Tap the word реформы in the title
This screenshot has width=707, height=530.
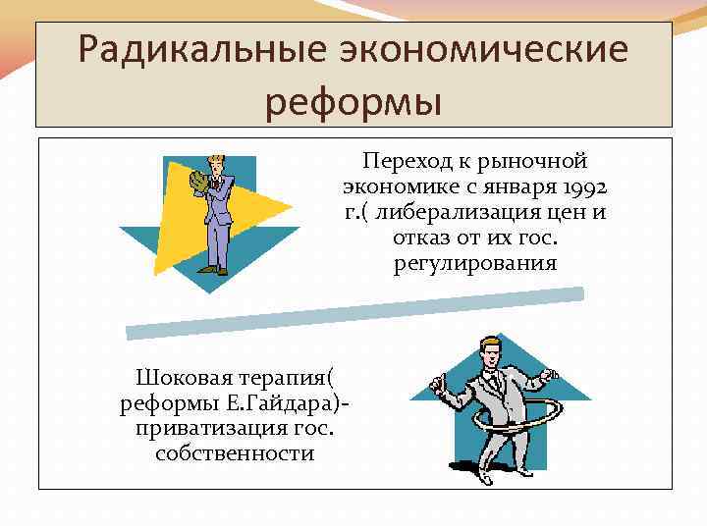pyautogui.click(x=353, y=102)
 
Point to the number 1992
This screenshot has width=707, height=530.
pyautogui.click(x=582, y=186)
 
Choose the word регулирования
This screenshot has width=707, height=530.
pyautogui.click(x=475, y=263)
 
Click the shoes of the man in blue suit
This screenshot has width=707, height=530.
pyautogui.click(x=215, y=270)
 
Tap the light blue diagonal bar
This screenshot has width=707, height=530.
pyautogui.click(x=353, y=310)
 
